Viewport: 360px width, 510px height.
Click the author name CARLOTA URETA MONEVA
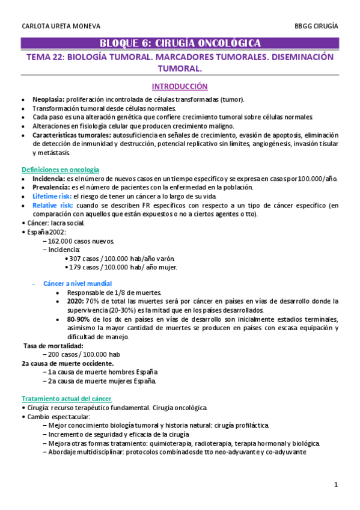coord(61,26)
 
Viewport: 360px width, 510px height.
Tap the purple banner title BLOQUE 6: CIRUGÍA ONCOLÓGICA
coord(180,43)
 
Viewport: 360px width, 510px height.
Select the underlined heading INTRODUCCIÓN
coord(180,86)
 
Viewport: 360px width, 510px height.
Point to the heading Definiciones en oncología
coord(60,170)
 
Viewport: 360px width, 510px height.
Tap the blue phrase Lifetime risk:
coord(52,197)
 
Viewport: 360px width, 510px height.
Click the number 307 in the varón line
coord(76,259)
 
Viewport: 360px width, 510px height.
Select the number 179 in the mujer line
coord(76,267)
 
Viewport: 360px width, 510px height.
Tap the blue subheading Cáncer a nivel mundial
coord(78,283)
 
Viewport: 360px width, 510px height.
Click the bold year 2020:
coord(75,301)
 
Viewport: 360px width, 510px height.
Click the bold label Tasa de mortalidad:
coord(53,346)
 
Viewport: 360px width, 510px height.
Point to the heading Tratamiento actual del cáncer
coord(67,399)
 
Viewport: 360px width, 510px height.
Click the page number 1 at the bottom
coord(337,485)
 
